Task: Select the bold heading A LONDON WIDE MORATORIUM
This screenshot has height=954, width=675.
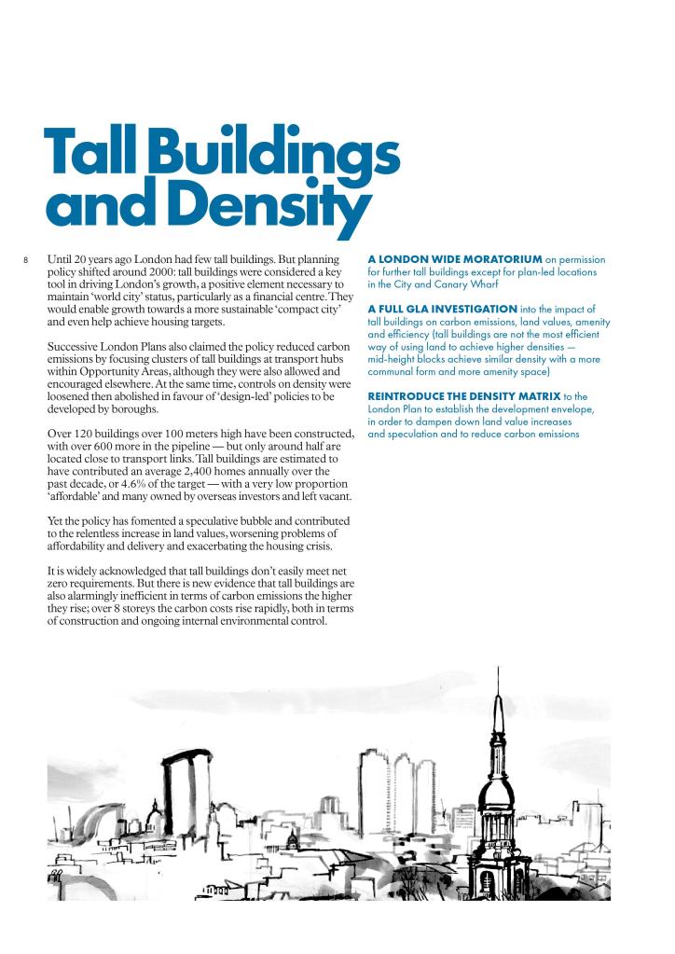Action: (455, 258)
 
